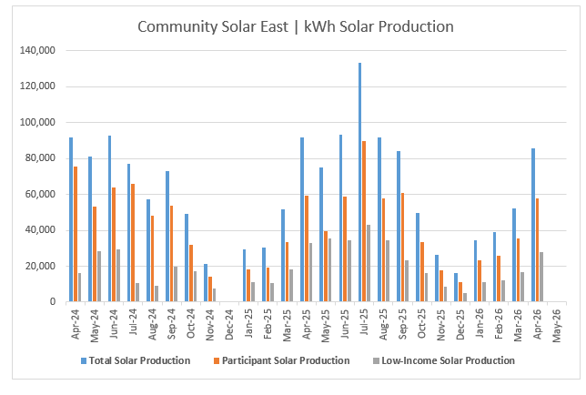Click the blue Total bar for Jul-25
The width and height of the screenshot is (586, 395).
coord(360,182)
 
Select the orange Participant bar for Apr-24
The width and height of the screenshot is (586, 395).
coord(76,234)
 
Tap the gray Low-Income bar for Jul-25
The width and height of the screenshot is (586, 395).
coord(369,263)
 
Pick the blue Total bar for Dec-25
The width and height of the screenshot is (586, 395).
coord(456,287)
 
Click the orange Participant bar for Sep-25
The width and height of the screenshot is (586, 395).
coord(402,247)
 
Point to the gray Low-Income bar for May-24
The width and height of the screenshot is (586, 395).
coord(99,276)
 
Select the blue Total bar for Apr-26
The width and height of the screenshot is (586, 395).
coord(533,225)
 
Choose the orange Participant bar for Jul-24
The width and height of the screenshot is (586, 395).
coord(133,242)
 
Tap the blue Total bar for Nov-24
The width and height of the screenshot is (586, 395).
coord(206,282)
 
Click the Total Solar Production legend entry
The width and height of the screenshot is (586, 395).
coord(136,360)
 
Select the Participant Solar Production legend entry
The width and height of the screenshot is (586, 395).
coord(282,360)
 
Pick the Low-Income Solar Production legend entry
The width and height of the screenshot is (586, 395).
coord(444,360)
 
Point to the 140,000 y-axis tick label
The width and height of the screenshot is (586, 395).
coord(37,50)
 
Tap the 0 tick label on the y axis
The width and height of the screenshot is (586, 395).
coord(53,301)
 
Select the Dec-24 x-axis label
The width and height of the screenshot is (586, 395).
coord(229,324)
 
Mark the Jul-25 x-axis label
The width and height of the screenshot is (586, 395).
coord(364,322)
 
